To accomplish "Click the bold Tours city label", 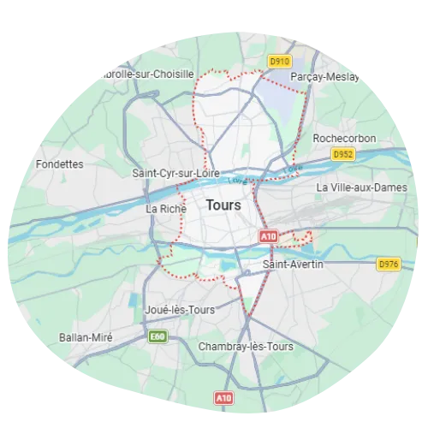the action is tap(223, 205).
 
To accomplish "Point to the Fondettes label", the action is tap(60, 163).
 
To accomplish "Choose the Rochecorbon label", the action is tap(340, 137).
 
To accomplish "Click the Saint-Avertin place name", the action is tap(293, 265).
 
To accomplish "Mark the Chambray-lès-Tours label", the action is tap(245, 347).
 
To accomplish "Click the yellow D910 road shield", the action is tap(277, 62).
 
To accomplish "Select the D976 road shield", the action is tap(388, 265).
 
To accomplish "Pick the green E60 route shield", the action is tap(156, 336).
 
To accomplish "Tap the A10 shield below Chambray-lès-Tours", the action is tap(223, 398).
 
